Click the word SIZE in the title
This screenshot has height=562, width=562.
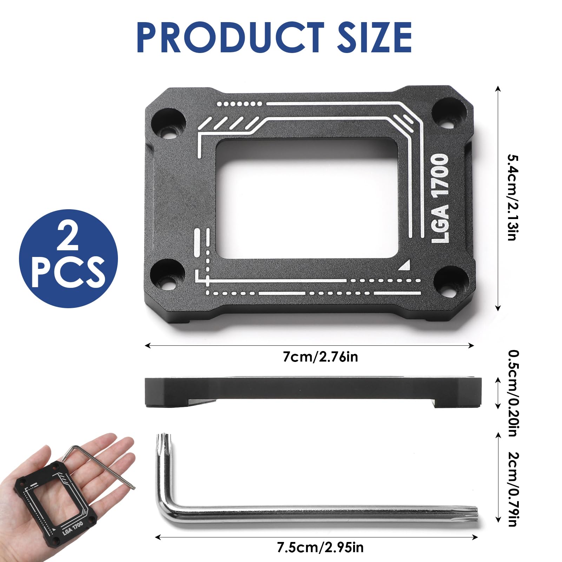click(374, 37)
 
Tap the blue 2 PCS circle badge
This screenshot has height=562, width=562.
click(68, 259)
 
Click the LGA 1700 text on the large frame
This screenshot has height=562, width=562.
click(440, 198)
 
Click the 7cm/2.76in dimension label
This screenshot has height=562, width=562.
click(320, 357)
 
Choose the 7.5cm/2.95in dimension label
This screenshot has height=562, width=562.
click(320, 548)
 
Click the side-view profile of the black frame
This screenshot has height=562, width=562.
click(312, 391)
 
